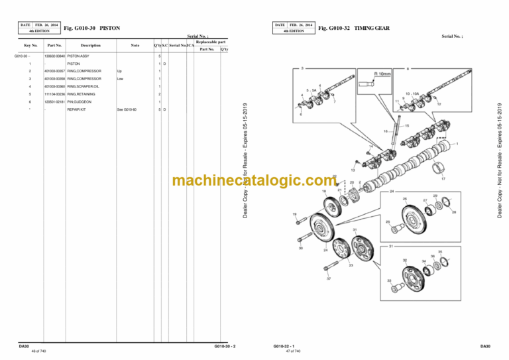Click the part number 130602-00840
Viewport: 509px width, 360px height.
tap(54, 56)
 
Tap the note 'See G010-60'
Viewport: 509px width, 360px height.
tap(126, 109)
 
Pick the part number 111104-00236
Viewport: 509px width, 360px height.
tap(54, 94)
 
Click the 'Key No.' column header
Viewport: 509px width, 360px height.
tap(30, 45)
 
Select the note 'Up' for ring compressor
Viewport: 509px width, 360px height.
tap(119, 71)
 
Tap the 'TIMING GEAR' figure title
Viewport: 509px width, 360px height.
tap(373, 29)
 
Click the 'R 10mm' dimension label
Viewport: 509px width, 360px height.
tap(384, 75)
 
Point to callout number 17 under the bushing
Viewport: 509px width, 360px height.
tap(443, 179)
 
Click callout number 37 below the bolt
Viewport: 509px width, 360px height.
tap(328, 278)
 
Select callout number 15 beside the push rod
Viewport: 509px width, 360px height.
tap(406, 125)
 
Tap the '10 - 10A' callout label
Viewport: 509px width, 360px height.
tap(412, 94)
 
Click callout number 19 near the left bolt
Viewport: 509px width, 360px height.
tap(294, 215)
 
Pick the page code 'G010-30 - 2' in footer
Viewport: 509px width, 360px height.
tap(225, 346)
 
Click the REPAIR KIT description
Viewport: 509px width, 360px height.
tap(76, 109)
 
